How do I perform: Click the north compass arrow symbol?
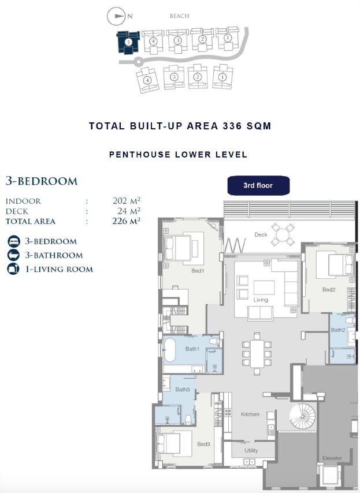[116, 16]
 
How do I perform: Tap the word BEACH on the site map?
[179, 16]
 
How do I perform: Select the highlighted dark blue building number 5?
[128, 42]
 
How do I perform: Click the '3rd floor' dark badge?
[258, 185]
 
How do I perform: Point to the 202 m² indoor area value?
[127, 200]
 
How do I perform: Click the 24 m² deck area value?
[129, 211]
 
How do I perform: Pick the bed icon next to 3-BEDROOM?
[13, 241]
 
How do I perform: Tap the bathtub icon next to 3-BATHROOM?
[13, 255]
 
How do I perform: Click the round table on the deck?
[283, 234]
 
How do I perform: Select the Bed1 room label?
[198, 271]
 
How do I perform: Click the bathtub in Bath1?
[170, 350]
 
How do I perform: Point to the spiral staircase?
[302, 416]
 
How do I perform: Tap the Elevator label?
[332, 458]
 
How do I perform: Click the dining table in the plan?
[257, 353]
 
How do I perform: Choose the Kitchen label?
[250, 414]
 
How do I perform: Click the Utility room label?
[251, 450]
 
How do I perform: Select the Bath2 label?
[338, 330]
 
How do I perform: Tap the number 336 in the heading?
[232, 126]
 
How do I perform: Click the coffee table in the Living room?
[264, 287]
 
